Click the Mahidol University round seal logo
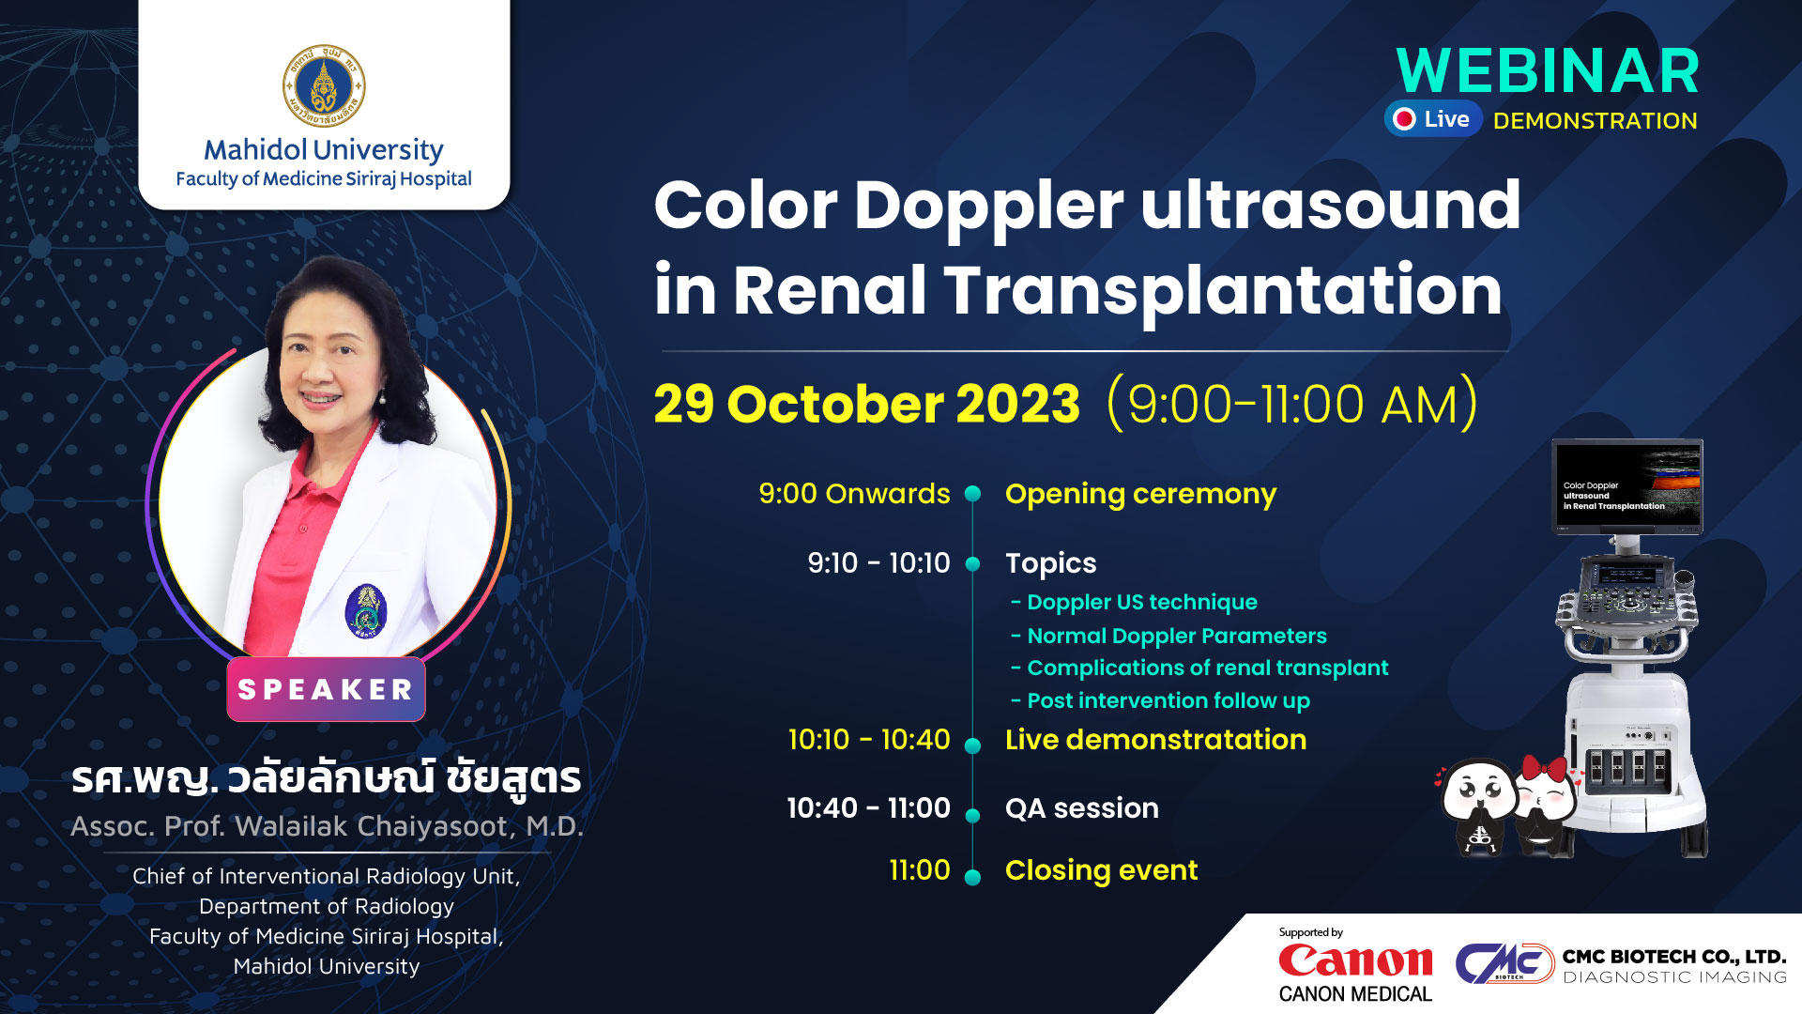pyautogui.click(x=324, y=86)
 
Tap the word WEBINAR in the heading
pyautogui.click(x=1548, y=70)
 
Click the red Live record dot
pyautogui.click(x=1404, y=119)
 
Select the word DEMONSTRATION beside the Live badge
pyautogui.click(x=1596, y=121)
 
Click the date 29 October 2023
pyautogui.click(x=866, y=405)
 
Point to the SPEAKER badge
pyautogui.click(x=326, y=690)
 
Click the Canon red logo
pyautogui.click(x=1355, y=960)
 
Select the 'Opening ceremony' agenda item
pyautogui.click(x=1140, y=495)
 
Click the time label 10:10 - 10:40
pyautogui.click(x=869, y=740)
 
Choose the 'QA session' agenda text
pyautogui.click(x=1082, y=808)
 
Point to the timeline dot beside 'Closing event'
pyautogui.click(x=973, y=877)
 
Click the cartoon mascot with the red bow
pyautogui.click(x=1542, y=806)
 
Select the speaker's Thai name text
pyautogui.click(x=327, y=778)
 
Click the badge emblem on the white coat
pyautogui.click(x=366, y=611)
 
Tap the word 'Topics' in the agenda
pyautogui.click(x=1050, y=563)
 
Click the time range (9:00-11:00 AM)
pyautogui.click(x=1292, y=405)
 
